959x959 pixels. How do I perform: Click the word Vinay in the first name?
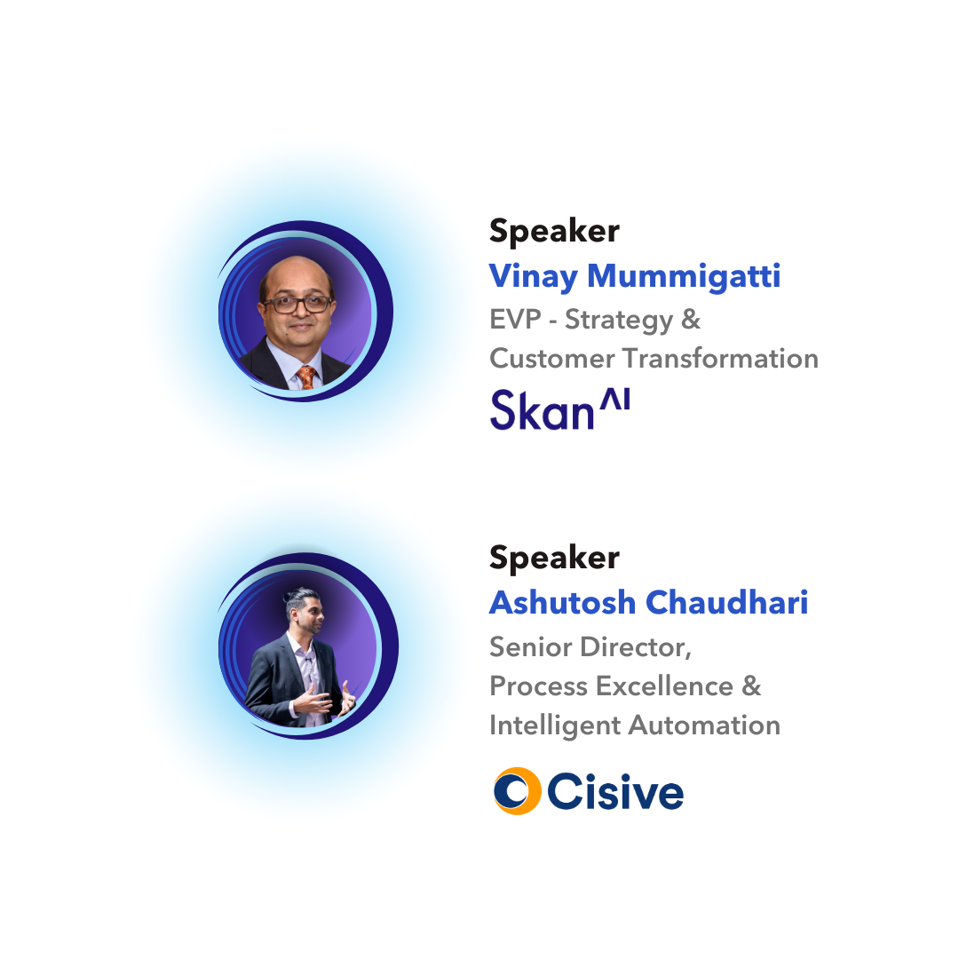534,276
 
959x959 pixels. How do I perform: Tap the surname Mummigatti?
684,275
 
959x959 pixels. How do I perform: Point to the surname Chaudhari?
726,602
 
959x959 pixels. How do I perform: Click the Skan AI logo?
559,408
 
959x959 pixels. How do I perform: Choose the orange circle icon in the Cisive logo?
517,791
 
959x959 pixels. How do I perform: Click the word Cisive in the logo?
615,791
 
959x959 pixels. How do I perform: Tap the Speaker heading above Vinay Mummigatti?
554,231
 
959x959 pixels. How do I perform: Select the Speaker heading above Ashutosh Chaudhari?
554,558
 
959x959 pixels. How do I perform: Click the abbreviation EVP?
515,320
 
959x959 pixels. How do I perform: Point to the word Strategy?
618,321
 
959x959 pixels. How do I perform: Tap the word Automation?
704,725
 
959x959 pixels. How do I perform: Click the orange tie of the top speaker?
305,376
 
